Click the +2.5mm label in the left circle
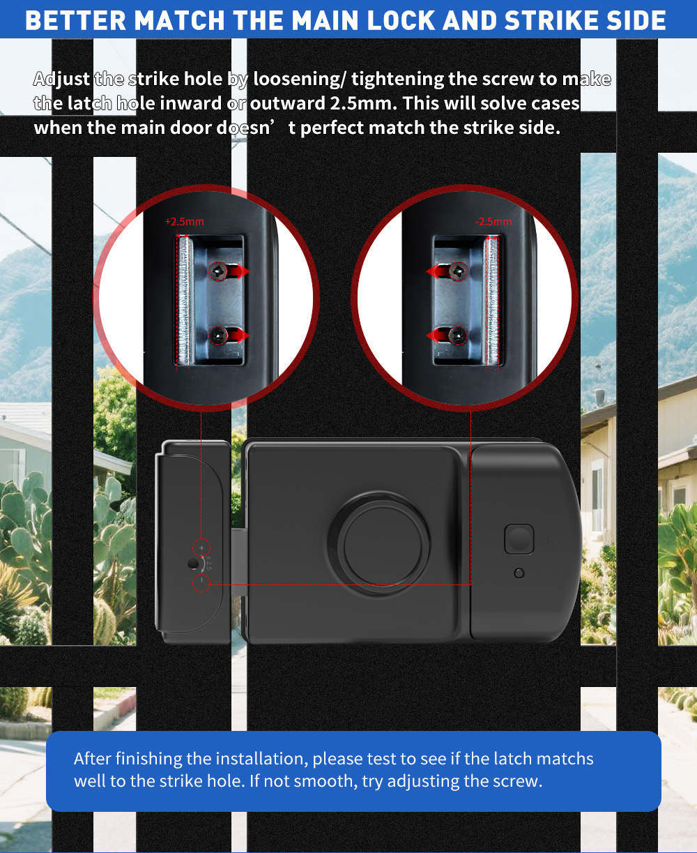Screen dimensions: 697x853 click(185, 222)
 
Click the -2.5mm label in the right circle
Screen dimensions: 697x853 click(493, 222)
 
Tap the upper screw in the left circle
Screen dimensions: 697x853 click(218, 271)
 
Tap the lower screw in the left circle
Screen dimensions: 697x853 click(218, 335)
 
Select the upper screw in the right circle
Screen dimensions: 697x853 click(459, 271)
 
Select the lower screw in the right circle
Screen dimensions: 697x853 click(458, 335)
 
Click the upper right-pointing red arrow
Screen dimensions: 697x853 click(238, 271)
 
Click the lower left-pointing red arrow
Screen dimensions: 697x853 click(438, 335)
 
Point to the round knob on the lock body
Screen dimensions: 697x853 click(380, 545)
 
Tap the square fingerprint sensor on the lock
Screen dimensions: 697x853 click(519, 539)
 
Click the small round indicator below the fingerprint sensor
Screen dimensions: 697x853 click(519, 573)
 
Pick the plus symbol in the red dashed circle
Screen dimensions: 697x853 click(201, 548)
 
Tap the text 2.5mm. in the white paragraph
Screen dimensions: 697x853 click(364, 103)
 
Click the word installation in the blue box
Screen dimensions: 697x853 click(261, 758)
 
